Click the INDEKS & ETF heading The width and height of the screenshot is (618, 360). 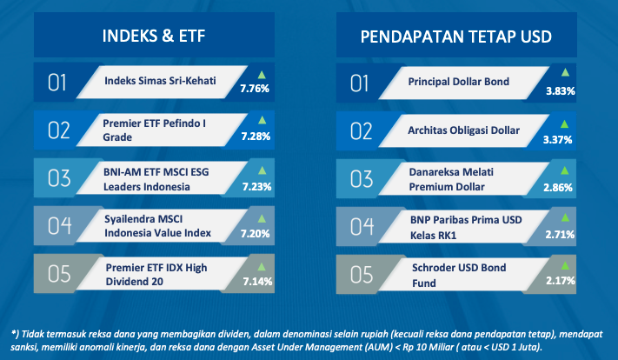pyautogui.click(x=154, y=36)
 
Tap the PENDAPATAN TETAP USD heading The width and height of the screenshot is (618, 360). pyautogui.click(x=456, y=37)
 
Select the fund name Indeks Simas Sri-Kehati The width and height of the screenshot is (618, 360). pyautogui.click(x=160, y=81)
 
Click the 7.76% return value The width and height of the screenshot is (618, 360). pyautogui.click(x=255, y=89)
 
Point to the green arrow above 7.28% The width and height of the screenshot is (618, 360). pyautogui.click(x=262, y=120)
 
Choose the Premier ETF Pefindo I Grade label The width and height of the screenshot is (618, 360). pyautogui.click(x=154, y=130)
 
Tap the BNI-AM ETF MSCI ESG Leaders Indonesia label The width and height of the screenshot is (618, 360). pyautogui.click(x=156, y=179)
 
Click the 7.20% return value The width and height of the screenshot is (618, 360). pyautogui.click(x=255, y=234)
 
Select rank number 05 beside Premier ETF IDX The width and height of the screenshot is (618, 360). pyautogui.click(x=59, y=274)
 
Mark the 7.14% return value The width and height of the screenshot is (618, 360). pyautogui.click(x=257, y=282)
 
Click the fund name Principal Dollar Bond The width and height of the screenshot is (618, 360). pyautogui.click(x=458, y=82)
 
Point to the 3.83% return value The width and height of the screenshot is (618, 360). pyautogui.click(x=560, y=91)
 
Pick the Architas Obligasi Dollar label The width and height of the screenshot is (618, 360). pyautogui.click(x=463, y=130)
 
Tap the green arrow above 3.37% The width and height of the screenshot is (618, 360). pyautogui.click(x=564, y=123)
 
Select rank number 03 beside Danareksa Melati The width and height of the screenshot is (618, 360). pyautogui.click(x=362, y=179)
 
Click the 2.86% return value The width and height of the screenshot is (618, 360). pyautogui.click(x=558, y=187)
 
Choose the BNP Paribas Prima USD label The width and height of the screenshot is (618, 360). pyautogui.click(x=466, y=220)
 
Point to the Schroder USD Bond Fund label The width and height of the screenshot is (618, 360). pyautogui.click(x=459, y=276)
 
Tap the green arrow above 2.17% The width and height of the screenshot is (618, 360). pyautogui.click(x=565, y=265)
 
